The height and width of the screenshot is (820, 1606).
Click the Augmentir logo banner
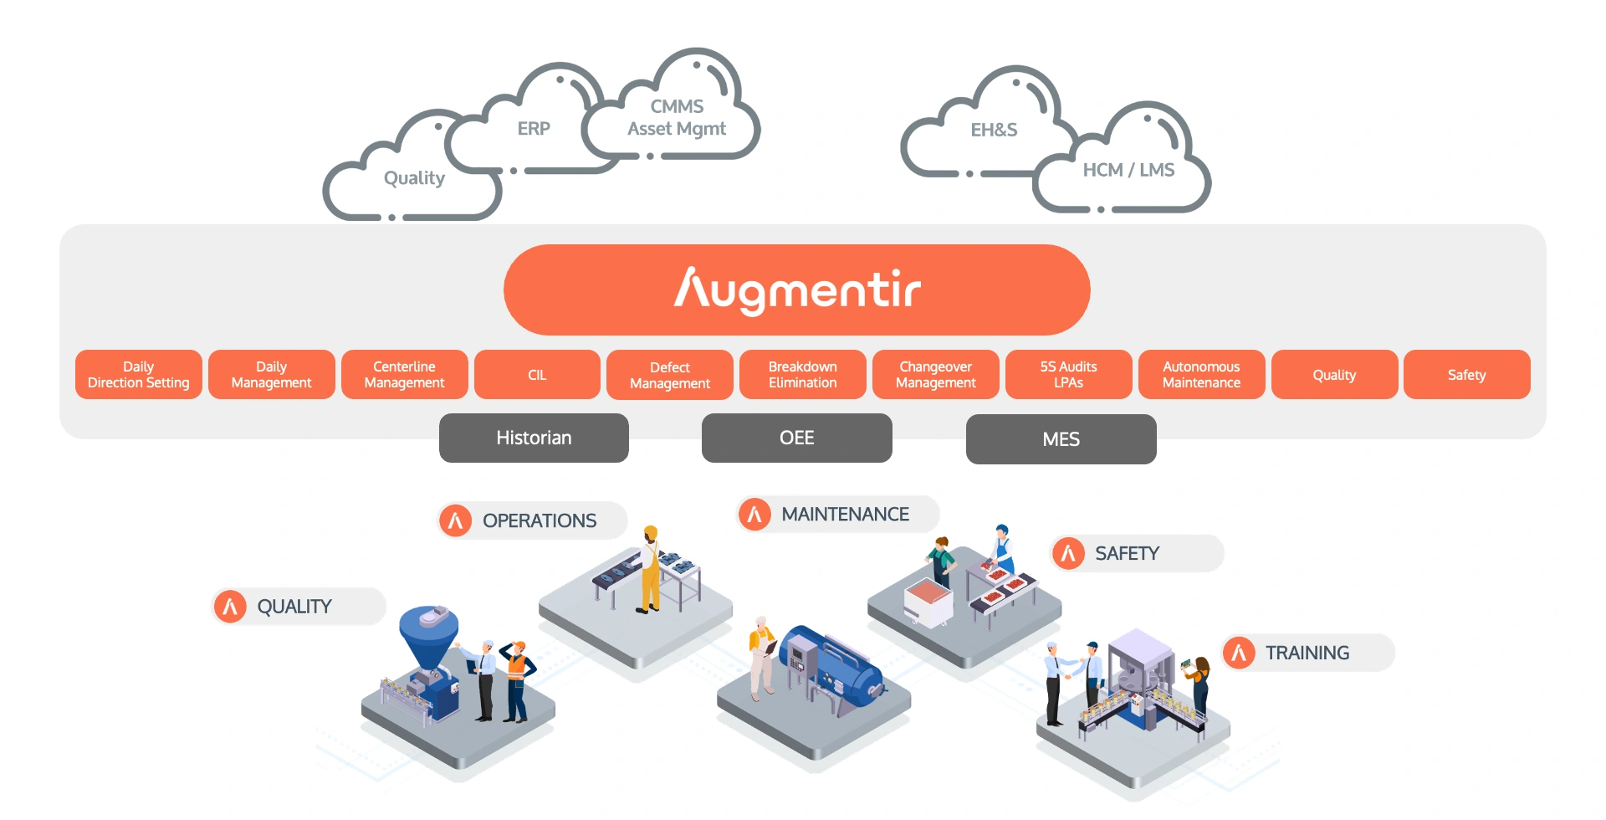click(x=796, y=290)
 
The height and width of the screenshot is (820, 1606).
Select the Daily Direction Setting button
click(x=139, y=375)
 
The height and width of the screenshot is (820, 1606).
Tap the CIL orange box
click(x=537, y=375)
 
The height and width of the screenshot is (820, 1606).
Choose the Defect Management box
click(x=670, y=375)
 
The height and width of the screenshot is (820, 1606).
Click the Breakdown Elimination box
click(x=803, y=375)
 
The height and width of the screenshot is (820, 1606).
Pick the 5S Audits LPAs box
click(x=1068, y=375)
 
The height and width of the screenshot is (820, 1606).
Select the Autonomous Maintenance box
click(x=1201, y=375)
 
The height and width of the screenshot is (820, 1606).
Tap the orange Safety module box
click(x=1467, y=375)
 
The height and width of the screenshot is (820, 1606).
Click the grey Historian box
click(x=534, y=438)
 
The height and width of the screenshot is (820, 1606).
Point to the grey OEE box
click(x=796, y=438)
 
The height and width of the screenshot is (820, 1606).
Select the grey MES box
click(x=1061, y=439)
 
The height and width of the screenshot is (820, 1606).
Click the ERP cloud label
click(x=534, y=129)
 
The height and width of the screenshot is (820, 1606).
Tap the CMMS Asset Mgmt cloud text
click(x=677, y=118)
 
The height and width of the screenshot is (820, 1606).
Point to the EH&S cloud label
click(x=994, y=131)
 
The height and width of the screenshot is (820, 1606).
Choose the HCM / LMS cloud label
click(x=1128, y=171)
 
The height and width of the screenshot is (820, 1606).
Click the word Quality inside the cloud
click(x=414, y=178)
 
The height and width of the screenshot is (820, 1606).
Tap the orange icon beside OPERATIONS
click(x=456, y=520)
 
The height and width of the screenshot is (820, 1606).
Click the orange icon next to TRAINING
click(x=1239, y=653)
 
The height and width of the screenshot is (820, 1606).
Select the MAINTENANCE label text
click(x=845, y=515)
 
